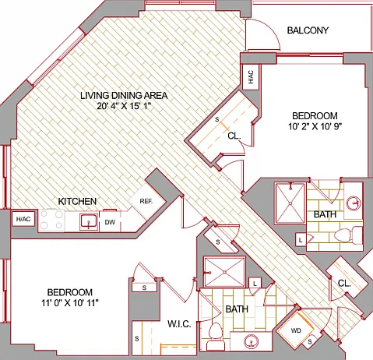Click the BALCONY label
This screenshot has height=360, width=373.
coord(308,30)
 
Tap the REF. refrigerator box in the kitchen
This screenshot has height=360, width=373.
coord(147,201)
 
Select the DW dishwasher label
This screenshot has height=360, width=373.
coord(110,222)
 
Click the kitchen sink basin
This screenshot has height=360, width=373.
coord(89,221)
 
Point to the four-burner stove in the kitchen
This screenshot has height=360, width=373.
coord(51,221)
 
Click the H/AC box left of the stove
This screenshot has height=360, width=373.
coord(23,220)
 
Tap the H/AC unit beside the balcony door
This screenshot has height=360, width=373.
coord(251,77)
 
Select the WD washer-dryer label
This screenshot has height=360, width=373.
coord(296,330)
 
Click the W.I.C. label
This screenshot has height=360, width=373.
coord(179,324)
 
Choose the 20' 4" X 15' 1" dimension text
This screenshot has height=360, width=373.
coord(124,106)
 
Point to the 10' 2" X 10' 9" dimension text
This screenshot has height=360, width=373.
coord(315,126)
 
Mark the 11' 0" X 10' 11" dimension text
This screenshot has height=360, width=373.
coord(70,303)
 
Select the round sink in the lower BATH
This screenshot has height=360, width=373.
coord(252,341)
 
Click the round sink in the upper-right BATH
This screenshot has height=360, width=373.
coord(354,203)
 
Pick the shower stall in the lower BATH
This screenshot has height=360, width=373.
coord(224,272)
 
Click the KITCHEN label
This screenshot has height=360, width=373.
coord(77,201)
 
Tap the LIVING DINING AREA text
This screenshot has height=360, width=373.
coord(124,95)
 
